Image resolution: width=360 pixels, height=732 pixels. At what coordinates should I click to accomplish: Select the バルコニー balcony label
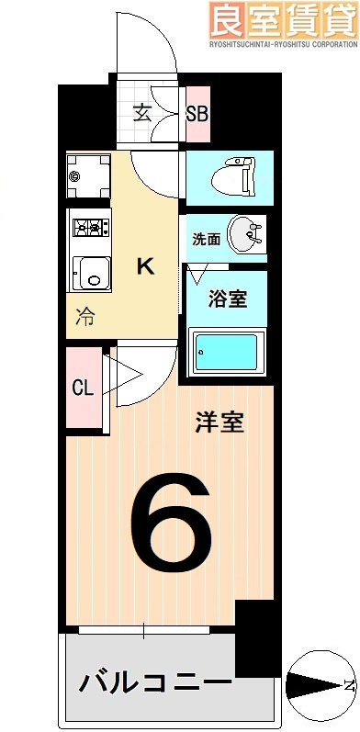pos(153,682)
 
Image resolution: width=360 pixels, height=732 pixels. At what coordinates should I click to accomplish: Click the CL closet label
pos(83,387)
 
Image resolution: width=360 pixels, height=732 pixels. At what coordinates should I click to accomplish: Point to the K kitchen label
pos(145,266)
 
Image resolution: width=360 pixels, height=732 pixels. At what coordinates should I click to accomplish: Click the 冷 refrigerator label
pos(84,318)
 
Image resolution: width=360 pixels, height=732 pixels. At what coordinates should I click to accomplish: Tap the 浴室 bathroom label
pos(225,298)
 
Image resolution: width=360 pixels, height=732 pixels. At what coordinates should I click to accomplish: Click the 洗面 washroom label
pos(206,239)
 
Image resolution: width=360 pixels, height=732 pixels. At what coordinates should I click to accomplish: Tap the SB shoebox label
pos(197,114)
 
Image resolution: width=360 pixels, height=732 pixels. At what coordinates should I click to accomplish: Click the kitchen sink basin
pos(90,273)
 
